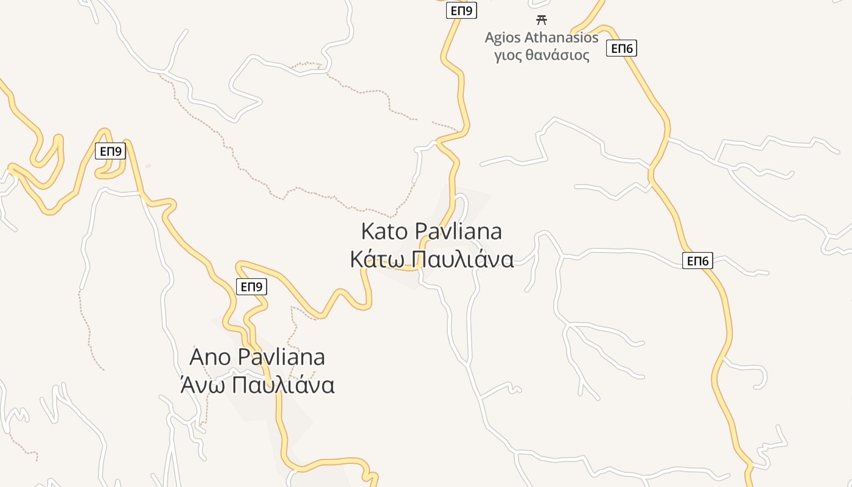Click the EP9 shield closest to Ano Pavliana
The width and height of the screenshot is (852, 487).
(251, 286)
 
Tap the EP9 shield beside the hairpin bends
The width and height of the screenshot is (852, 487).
(110, 151)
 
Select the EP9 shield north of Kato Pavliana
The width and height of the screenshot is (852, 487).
(461, 10)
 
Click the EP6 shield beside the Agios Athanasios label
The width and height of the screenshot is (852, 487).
(621, 48)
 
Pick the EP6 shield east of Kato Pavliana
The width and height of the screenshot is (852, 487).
(697, 261)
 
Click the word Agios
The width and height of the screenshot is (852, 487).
(503, 38)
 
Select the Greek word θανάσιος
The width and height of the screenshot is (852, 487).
(559, 56)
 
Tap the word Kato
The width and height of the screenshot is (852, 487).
(385, 231)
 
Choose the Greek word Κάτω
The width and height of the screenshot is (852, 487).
(377, 259)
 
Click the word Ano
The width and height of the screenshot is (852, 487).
(211, 357)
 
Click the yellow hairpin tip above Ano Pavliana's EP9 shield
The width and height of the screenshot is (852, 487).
(239, 265)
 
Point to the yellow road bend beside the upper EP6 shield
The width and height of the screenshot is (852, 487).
(606, 28)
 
